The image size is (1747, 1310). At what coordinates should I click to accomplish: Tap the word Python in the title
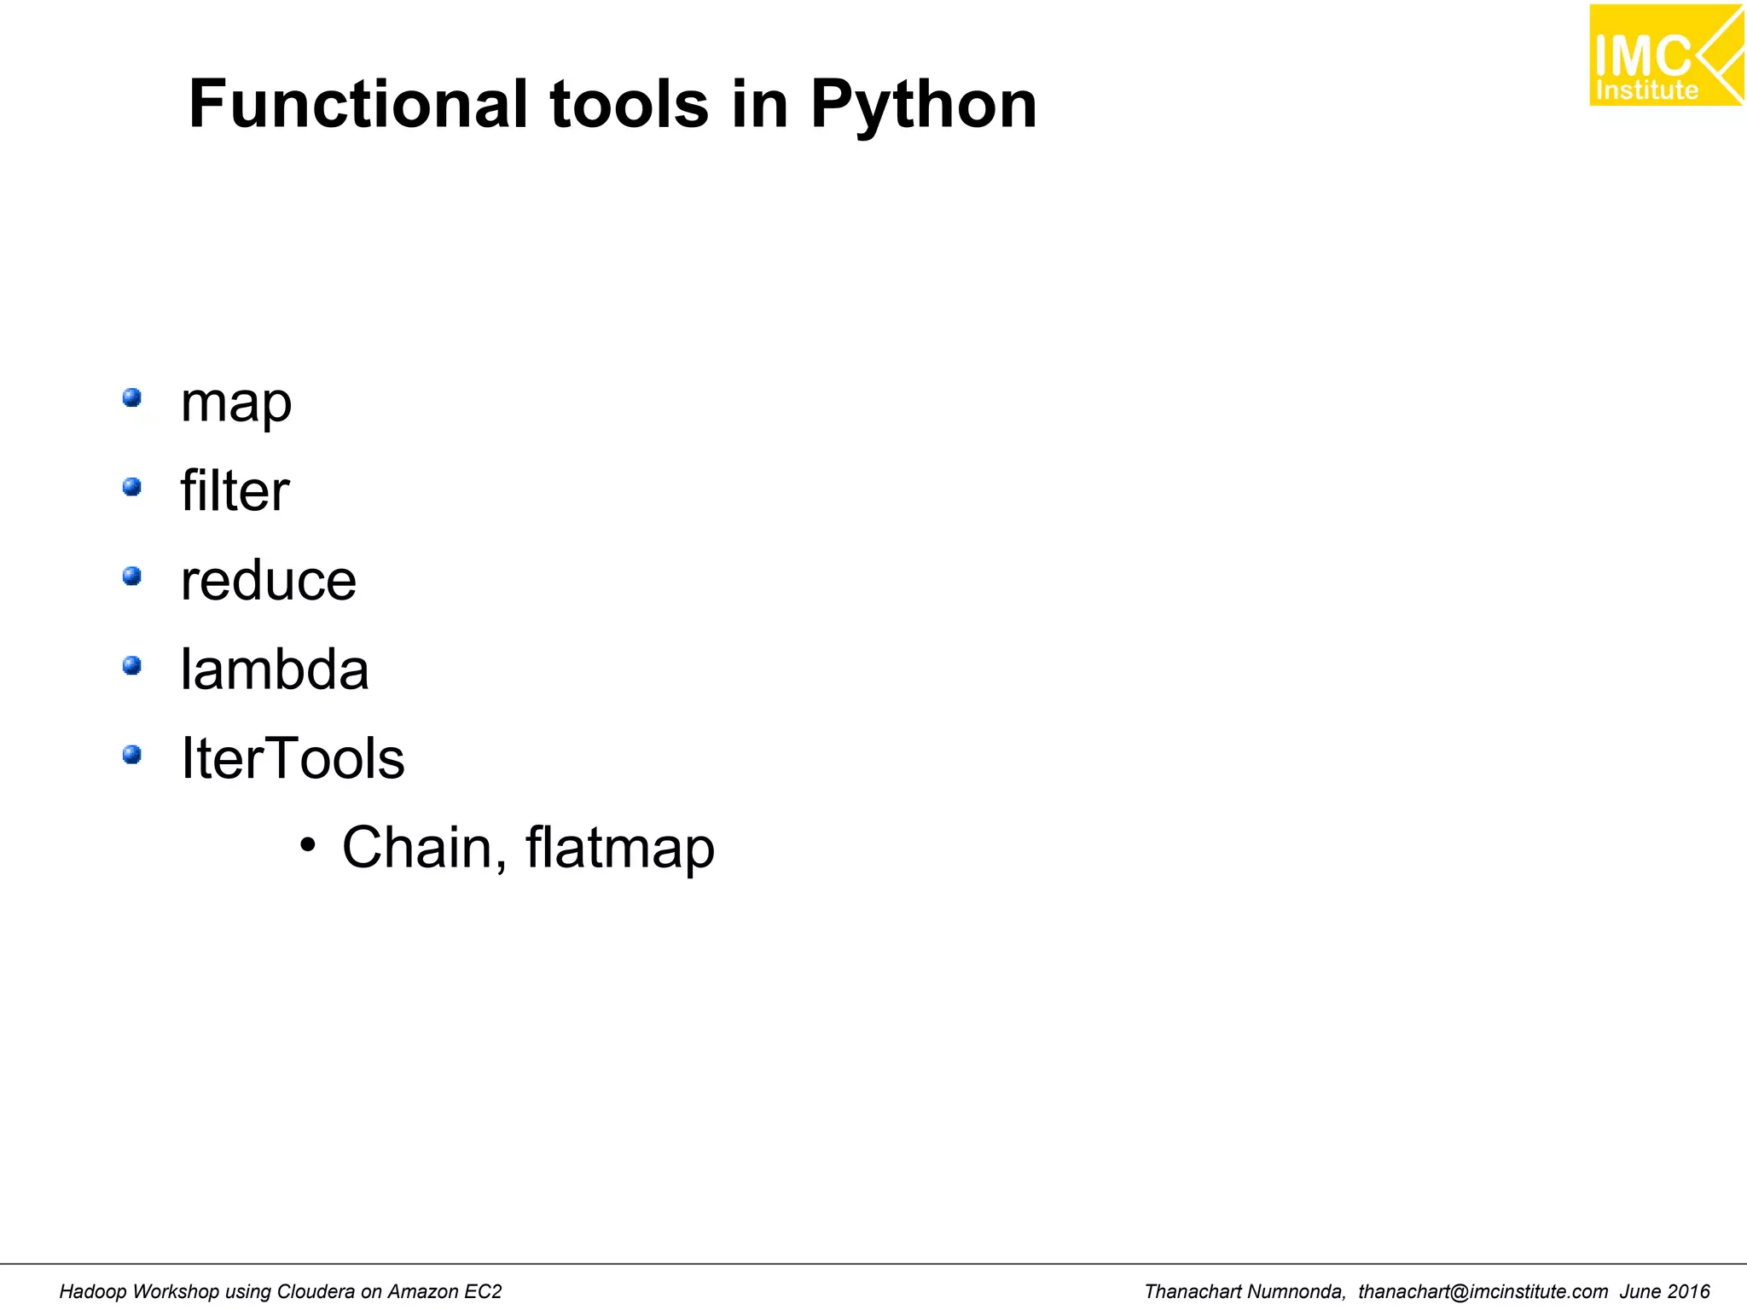click(x=923, y=106)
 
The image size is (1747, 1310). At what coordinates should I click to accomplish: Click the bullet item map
click(x=236, y=403)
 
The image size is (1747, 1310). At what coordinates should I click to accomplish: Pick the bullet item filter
click(x=235, y=491)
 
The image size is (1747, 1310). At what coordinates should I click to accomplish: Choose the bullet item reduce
click(x=269, y=581)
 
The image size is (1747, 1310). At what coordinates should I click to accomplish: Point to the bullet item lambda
click(x=275, y=669)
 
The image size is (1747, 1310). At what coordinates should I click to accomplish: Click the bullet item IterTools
click(x=293, y=758)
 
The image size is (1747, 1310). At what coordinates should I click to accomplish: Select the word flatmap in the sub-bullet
click(x=620, y=848)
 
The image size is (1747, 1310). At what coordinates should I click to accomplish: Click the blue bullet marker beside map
click(x=131, y=397)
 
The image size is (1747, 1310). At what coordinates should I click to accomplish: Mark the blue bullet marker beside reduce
click(x=131, y=577)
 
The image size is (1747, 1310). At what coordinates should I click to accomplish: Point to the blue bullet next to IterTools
click(x=131, y=755)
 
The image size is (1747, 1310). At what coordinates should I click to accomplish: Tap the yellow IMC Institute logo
click(x=1665, y=55)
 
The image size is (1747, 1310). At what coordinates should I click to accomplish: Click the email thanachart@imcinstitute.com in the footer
click(x=1483, y=1292)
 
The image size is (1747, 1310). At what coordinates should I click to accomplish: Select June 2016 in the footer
click(x=1665, y=1292)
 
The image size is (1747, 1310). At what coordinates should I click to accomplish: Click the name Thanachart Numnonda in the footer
click(x=1245, y=1292)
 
